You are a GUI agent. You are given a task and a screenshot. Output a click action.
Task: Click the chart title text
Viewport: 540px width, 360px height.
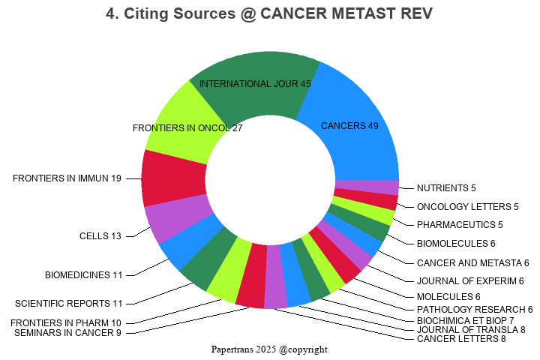point(269,14)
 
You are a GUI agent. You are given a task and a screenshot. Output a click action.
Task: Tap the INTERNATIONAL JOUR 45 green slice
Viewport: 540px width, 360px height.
point(255,86)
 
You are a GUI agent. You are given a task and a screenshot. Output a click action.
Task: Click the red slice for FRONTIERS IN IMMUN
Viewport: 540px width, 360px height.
point(172,178)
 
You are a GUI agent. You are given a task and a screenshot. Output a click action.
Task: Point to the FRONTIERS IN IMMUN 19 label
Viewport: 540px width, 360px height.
point(67,178)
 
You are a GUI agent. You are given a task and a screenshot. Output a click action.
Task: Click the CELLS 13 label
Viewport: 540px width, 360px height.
point(100,236)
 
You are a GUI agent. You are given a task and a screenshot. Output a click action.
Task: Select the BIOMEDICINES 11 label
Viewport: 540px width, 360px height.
point(83,275)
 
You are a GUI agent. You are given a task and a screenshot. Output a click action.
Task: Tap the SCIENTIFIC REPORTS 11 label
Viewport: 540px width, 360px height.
point(68,304)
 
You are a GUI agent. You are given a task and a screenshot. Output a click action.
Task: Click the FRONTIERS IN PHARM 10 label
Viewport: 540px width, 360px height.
point(66,323)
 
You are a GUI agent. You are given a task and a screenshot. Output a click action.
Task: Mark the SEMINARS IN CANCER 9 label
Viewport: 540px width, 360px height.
point(67,333)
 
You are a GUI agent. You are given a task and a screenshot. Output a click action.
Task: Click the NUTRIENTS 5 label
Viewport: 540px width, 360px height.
point(446,188)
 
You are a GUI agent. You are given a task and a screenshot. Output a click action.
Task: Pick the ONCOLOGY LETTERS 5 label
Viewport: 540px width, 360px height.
point(457,207)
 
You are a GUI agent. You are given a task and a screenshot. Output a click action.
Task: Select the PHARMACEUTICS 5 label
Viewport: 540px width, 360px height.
point(460,225)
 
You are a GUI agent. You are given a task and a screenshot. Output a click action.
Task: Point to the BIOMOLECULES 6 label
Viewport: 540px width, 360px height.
point(456,244)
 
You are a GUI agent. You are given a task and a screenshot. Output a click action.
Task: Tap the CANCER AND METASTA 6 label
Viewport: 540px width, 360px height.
point(472,263)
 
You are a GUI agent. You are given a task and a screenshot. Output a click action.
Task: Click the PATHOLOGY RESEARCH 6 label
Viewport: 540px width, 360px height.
point(474,310)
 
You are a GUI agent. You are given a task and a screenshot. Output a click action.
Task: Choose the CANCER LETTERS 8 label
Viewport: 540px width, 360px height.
point(460,339)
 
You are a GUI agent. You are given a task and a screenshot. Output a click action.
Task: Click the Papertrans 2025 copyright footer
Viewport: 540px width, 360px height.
point(269,349)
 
